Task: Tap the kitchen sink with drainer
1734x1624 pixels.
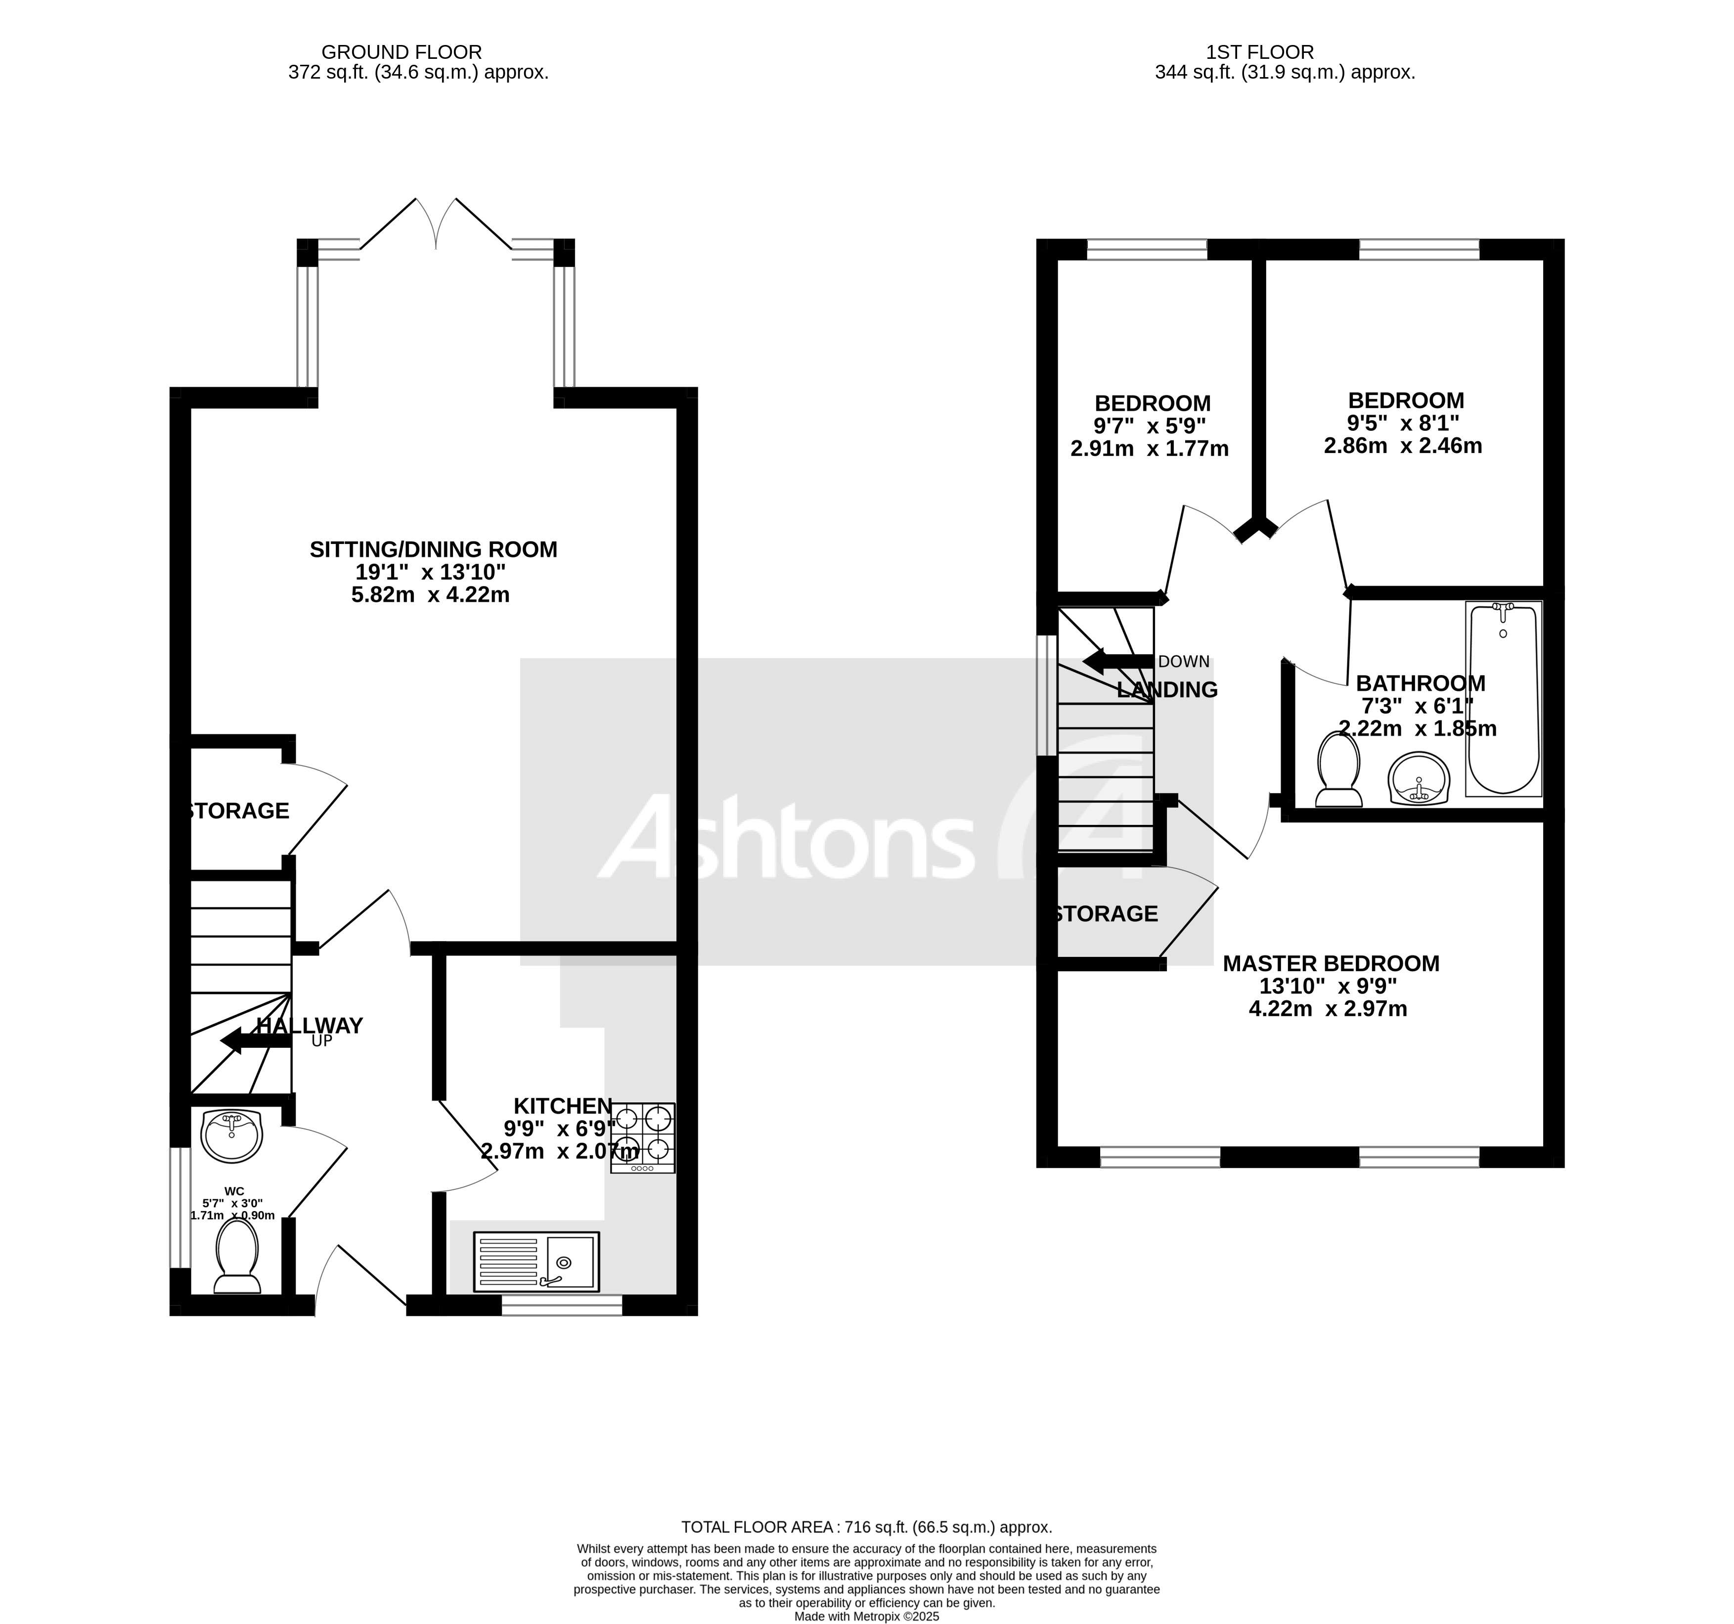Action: [x=535, y=1261]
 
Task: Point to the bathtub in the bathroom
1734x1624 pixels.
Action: [x=1503, y=699]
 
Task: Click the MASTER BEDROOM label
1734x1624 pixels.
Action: [x=1331, y=964]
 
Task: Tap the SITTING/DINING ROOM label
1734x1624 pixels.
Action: [x=434, y=549]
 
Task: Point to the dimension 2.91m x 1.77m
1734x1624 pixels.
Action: [x=1150, y=449]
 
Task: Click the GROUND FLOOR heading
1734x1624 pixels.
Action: [x=401, y=52]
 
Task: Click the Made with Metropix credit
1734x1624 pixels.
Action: [x=866, y=1616]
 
